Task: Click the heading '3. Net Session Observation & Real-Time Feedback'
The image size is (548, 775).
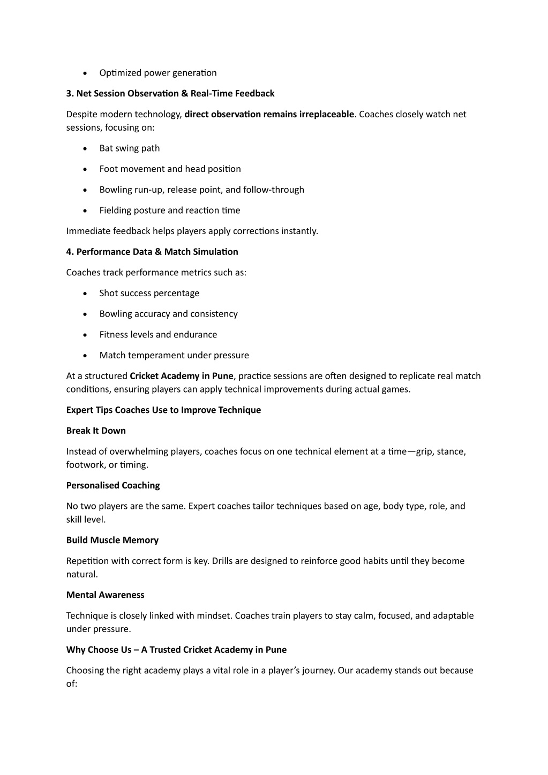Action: tap(170, 94)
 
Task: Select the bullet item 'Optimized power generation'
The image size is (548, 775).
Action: tap(158, 73)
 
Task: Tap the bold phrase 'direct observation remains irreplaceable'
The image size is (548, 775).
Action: tap(269, 114)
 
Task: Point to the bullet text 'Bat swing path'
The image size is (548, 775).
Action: tap(130, 148)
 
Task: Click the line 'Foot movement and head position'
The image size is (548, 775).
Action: tap(170, 169)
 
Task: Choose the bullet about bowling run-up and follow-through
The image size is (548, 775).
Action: tap(201, 190)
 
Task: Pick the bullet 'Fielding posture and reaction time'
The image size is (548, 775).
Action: tap(169, 210)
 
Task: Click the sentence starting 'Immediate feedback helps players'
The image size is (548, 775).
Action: tap(192, 231)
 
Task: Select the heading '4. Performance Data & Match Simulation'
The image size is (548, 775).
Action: tap(152, 252)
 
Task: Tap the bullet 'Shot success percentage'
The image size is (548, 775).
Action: tap(149, 294)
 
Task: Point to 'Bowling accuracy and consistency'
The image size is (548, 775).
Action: tap(168, 314)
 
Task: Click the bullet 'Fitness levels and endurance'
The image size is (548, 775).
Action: tap(158, 335)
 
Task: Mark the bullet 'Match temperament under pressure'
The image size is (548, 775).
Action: tap(174, 356)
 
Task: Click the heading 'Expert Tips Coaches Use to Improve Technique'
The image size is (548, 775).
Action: tap(163, 410)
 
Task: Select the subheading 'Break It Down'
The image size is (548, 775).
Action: tap(96, 431)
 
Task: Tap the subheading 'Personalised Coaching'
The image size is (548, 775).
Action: tap(113, 486)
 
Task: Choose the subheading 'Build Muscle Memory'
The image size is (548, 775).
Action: tap(112, 540)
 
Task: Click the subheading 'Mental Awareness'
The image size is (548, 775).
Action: tap(106, 595)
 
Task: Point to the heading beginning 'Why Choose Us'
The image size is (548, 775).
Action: tap(176, 650)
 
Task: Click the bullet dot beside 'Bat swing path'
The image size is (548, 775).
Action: tap(85, 149)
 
